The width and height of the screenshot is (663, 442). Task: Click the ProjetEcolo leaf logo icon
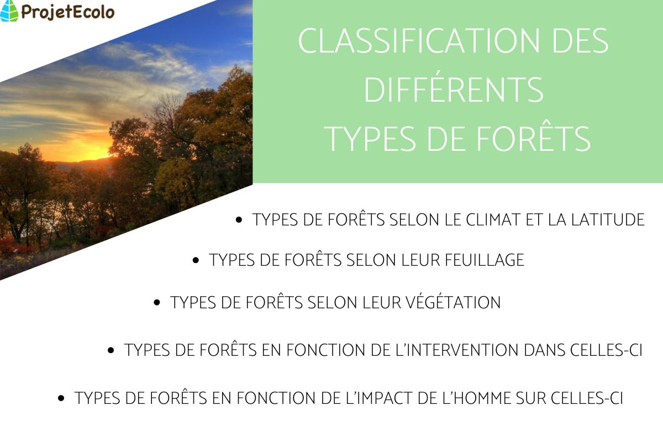coord(9,10)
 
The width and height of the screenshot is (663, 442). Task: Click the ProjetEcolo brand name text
coord(67,11)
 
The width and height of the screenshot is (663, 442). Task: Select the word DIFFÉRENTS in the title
coord(454,90)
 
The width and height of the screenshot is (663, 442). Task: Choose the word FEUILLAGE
coord(485,260)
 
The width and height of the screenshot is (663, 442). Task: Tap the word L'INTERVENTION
coord(473,350)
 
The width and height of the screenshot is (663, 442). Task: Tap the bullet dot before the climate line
coord(239,220)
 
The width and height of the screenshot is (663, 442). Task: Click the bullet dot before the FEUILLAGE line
coord(196,260)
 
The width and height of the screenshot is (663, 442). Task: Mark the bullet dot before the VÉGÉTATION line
coord(157,303)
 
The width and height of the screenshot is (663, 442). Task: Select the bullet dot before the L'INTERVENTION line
coord(111,350)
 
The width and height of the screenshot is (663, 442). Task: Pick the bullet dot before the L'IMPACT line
coord(62,398)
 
